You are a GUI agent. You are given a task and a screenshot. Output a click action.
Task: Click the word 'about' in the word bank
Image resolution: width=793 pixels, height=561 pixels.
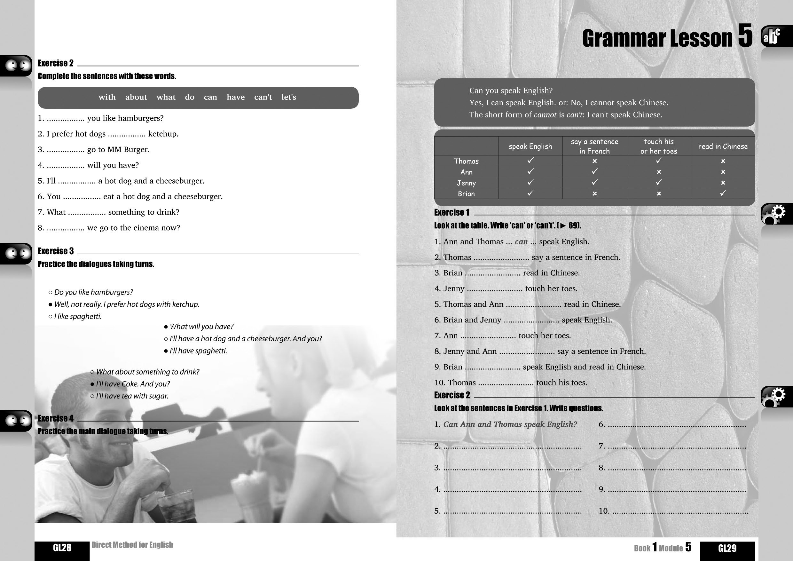click(x=136, y=97)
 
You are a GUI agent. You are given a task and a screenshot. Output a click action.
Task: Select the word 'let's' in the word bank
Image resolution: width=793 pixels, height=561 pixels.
click(x=289, y=97)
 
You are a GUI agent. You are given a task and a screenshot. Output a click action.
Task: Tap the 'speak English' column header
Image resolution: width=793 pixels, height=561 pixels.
click(x=530, y=146)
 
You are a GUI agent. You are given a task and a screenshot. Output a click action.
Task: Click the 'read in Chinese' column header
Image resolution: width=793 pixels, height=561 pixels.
click(x=723, y=146)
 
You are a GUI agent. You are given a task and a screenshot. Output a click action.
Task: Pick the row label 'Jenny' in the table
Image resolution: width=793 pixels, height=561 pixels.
click(x=466, y=183)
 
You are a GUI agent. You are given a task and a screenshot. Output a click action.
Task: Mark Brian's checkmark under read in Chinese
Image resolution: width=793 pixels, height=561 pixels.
click(x=723, y=193)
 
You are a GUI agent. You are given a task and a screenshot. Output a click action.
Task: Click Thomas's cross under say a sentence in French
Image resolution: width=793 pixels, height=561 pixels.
click(x=594, y=161)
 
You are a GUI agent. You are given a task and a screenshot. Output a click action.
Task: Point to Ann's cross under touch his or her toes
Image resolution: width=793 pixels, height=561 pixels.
click(x=659, y=172)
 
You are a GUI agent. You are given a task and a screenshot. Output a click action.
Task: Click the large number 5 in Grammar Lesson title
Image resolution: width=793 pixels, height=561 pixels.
click(x=745, y=36)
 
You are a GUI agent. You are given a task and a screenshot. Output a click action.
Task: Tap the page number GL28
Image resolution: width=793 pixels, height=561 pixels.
click(x=62, y=548)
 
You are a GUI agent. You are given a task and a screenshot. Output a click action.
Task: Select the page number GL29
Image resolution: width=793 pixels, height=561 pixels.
click(x=727, y=548)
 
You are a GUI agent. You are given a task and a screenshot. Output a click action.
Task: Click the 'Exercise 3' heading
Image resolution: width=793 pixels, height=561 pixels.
click(x=56, y=251)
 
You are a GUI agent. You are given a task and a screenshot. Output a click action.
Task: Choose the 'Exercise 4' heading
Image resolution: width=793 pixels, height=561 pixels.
click(x=56, y=418)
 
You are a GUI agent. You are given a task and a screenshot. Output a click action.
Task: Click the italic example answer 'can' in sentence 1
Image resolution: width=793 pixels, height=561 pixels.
click(x=521, y=242)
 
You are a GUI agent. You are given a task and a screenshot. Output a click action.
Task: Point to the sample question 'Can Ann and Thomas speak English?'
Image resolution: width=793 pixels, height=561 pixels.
click(x=510, y=424)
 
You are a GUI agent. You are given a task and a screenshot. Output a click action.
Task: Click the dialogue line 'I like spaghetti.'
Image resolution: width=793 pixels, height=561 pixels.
click(x=78, y=316)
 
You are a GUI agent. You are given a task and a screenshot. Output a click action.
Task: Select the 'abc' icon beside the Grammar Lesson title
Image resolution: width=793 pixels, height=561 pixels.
click(x=772, y=36)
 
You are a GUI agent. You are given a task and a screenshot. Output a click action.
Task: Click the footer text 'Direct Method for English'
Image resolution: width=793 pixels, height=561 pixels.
click(x=132, y=545)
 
